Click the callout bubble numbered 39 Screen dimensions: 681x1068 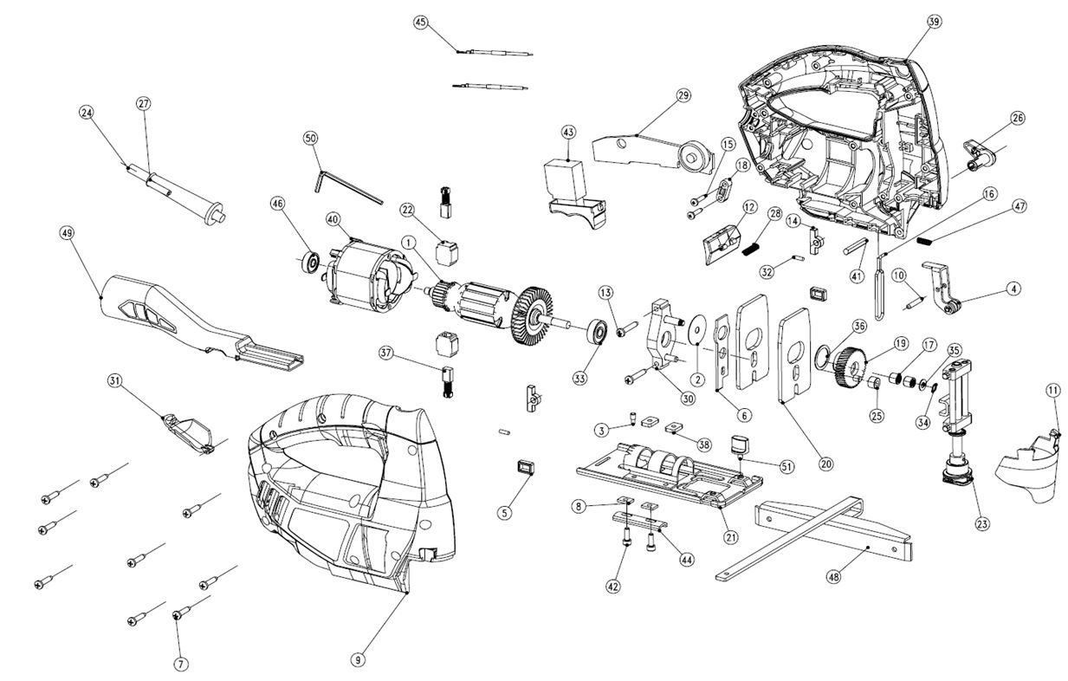click(x=934, y=21)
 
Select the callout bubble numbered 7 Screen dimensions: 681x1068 click(x=180, y=665)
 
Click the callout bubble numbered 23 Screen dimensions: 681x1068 click(x=982, y=523)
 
